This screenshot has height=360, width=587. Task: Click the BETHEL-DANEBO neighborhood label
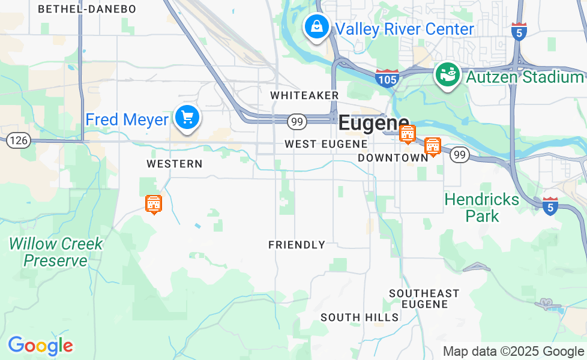tap(87, 9)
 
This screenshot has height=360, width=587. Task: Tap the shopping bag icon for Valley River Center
tap(315, 26)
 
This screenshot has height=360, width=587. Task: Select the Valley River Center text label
tap(405, 29)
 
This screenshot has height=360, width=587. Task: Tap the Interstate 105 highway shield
tap(387, 79)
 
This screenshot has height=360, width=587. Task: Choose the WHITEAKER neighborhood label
tap(304, 95)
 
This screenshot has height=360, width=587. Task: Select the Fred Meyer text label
tap(127, 119)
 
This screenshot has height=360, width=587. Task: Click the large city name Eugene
tap(373, 123)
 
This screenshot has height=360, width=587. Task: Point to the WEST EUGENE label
tap(326, 144)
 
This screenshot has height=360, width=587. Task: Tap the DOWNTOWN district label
tap(393, 157)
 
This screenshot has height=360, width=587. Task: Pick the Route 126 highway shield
tap(18, 140)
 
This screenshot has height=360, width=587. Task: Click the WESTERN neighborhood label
tap(175, 164)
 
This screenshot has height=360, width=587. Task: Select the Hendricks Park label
tap(482, 208)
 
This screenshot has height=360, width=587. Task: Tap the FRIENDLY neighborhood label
tap(297, 245)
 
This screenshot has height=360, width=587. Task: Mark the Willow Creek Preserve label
tap(56, 252)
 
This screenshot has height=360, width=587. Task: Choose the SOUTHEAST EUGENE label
tap(424, 298)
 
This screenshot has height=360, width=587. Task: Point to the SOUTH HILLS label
tap(360, 317)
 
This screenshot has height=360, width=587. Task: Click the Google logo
tap(40, 346)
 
